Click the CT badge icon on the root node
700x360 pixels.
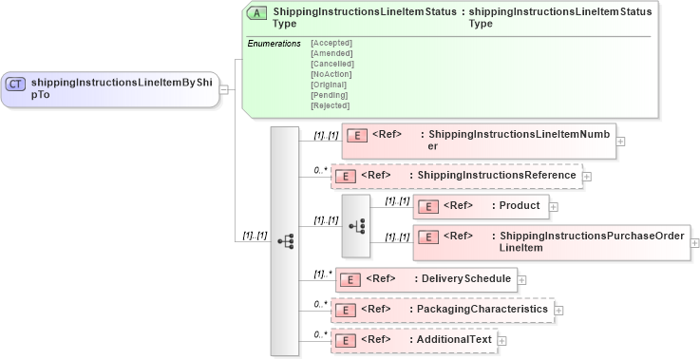(16, 84)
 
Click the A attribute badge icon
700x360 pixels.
(256, 13)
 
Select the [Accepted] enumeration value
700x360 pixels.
(331, 43)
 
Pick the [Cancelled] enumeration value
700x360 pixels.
(331, 64)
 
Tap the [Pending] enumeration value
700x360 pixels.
(329, 95)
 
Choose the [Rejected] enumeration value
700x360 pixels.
(330, 105)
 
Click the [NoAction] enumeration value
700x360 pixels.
(331, 74)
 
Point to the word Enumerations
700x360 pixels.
(274, 44)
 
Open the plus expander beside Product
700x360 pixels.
(554, 206)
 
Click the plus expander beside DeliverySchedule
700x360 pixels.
(521, 280)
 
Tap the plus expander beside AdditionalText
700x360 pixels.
(502, 340)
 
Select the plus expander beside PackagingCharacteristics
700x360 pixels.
(559, 310)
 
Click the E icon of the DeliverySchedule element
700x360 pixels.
(350, 280)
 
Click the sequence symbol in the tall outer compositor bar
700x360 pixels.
(285, 241)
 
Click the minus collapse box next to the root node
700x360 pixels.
(224, 89)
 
